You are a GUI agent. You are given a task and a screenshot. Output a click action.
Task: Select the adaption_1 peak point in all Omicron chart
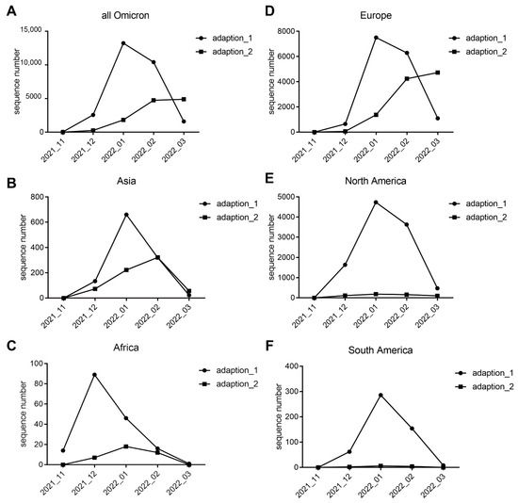pyautogui.click(x=123, y=43)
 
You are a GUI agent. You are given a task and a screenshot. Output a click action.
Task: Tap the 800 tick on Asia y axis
pyautogui.click(x=43, y=196)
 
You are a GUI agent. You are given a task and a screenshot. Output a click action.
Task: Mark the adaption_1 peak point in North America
pyautogui.click(x=376, y=203)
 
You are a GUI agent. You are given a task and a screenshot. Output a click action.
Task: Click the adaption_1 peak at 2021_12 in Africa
pyautogui.click(x=94, y=375)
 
